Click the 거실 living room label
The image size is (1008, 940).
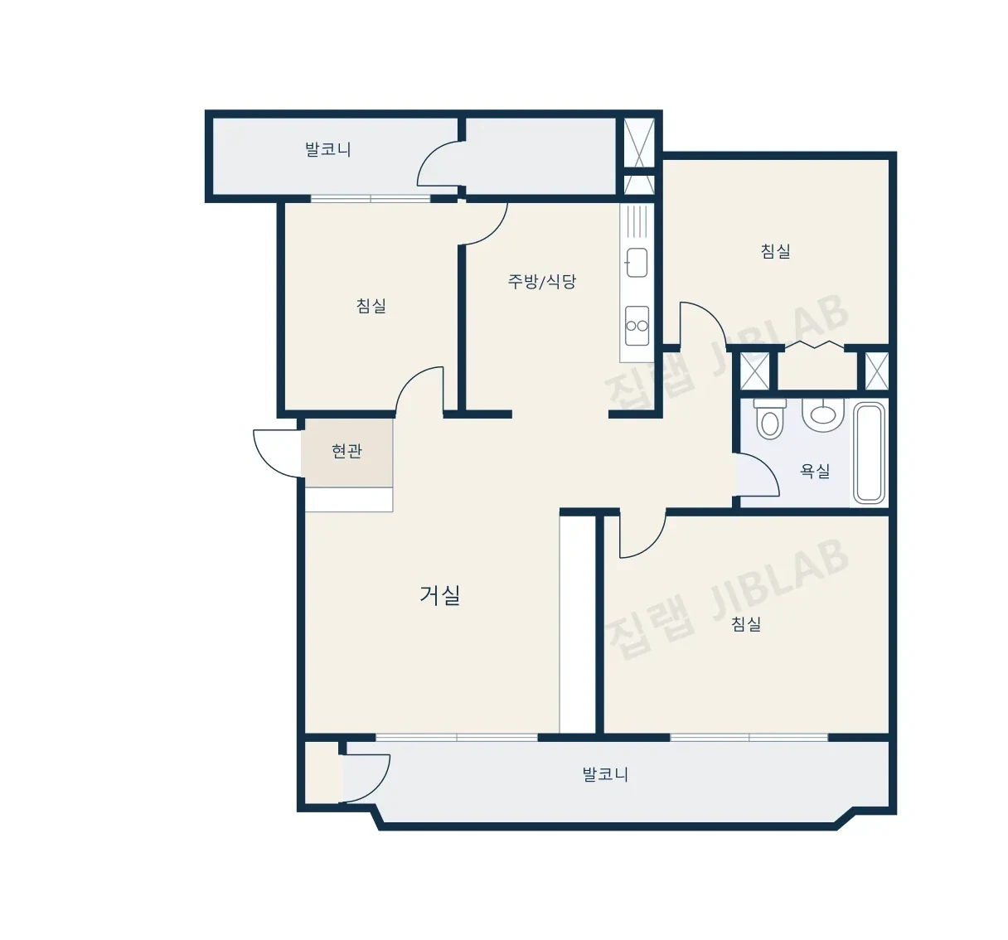pyautogui.click(x=439, y=595)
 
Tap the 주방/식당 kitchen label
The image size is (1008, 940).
pyautogui.click(x=541, y=281)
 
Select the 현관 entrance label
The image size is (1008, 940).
pyautogui.click(x=346, y=451)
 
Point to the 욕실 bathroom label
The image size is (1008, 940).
pyautogui.click(x=815, y=471)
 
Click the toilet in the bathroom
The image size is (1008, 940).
pyautogui.click(x=769, y=419)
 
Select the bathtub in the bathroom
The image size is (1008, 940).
pyautogui.click(x=870, y=453)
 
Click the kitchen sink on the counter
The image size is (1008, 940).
pyautogui.click(x=637, y=263)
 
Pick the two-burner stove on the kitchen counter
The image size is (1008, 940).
pyautogui.click(x=637, y=325)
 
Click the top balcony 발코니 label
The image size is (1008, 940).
pyautogui.click(x=328, y=150)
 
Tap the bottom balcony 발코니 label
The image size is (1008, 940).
pyautogui.click(x=605, y=774)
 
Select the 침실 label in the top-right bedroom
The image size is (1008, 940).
pyautogui.click(x=776, y=250)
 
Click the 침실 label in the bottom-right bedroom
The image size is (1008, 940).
pyautogui.click(x=746, y=623)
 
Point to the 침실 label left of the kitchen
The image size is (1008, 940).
pyautogui.click(x=371, y=306)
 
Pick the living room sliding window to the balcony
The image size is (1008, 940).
pyautogui.click(x=457, y=737)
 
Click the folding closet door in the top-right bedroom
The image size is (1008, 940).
pyautogui.click(x=814, y=345)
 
